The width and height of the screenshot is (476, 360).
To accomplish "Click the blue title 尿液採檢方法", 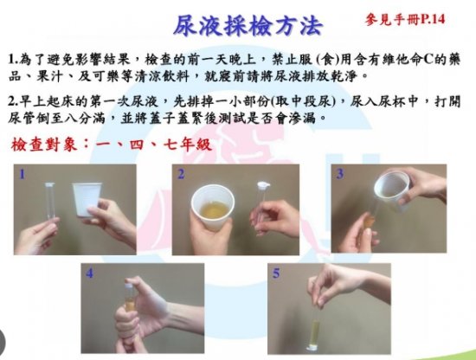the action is [x=248, y=25].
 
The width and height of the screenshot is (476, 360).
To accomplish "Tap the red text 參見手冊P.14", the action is [x=405, y=20].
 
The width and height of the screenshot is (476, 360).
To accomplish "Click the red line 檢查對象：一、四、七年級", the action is [x=111, y=145].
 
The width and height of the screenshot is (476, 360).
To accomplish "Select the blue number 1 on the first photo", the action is [x=23, y=174].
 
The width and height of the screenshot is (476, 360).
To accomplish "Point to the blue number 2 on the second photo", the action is [x=181, y=174].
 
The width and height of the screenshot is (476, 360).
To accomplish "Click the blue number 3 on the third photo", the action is [x=340, y=174].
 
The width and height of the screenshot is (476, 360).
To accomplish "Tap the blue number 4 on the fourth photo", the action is [x=89, y=273].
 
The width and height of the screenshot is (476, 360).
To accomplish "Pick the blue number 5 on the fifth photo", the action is [x=276, y=273].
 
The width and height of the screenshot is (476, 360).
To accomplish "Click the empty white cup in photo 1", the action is [x=87, y=199].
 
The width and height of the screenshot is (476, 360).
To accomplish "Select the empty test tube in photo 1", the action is [x=50, y=202].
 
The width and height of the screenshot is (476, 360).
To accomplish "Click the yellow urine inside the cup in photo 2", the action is [x=214, y=210].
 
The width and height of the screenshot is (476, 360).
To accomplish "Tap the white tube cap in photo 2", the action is [x=263, y=185].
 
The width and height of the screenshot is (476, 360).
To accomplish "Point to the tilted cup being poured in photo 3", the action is [x=392, y=190].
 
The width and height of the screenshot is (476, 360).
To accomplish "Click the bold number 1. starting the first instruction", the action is [x=13, y=60].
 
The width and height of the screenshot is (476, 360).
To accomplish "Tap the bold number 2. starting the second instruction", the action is [x=14, y=101].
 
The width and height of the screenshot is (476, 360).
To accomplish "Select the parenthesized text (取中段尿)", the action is [x=304, y=101].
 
